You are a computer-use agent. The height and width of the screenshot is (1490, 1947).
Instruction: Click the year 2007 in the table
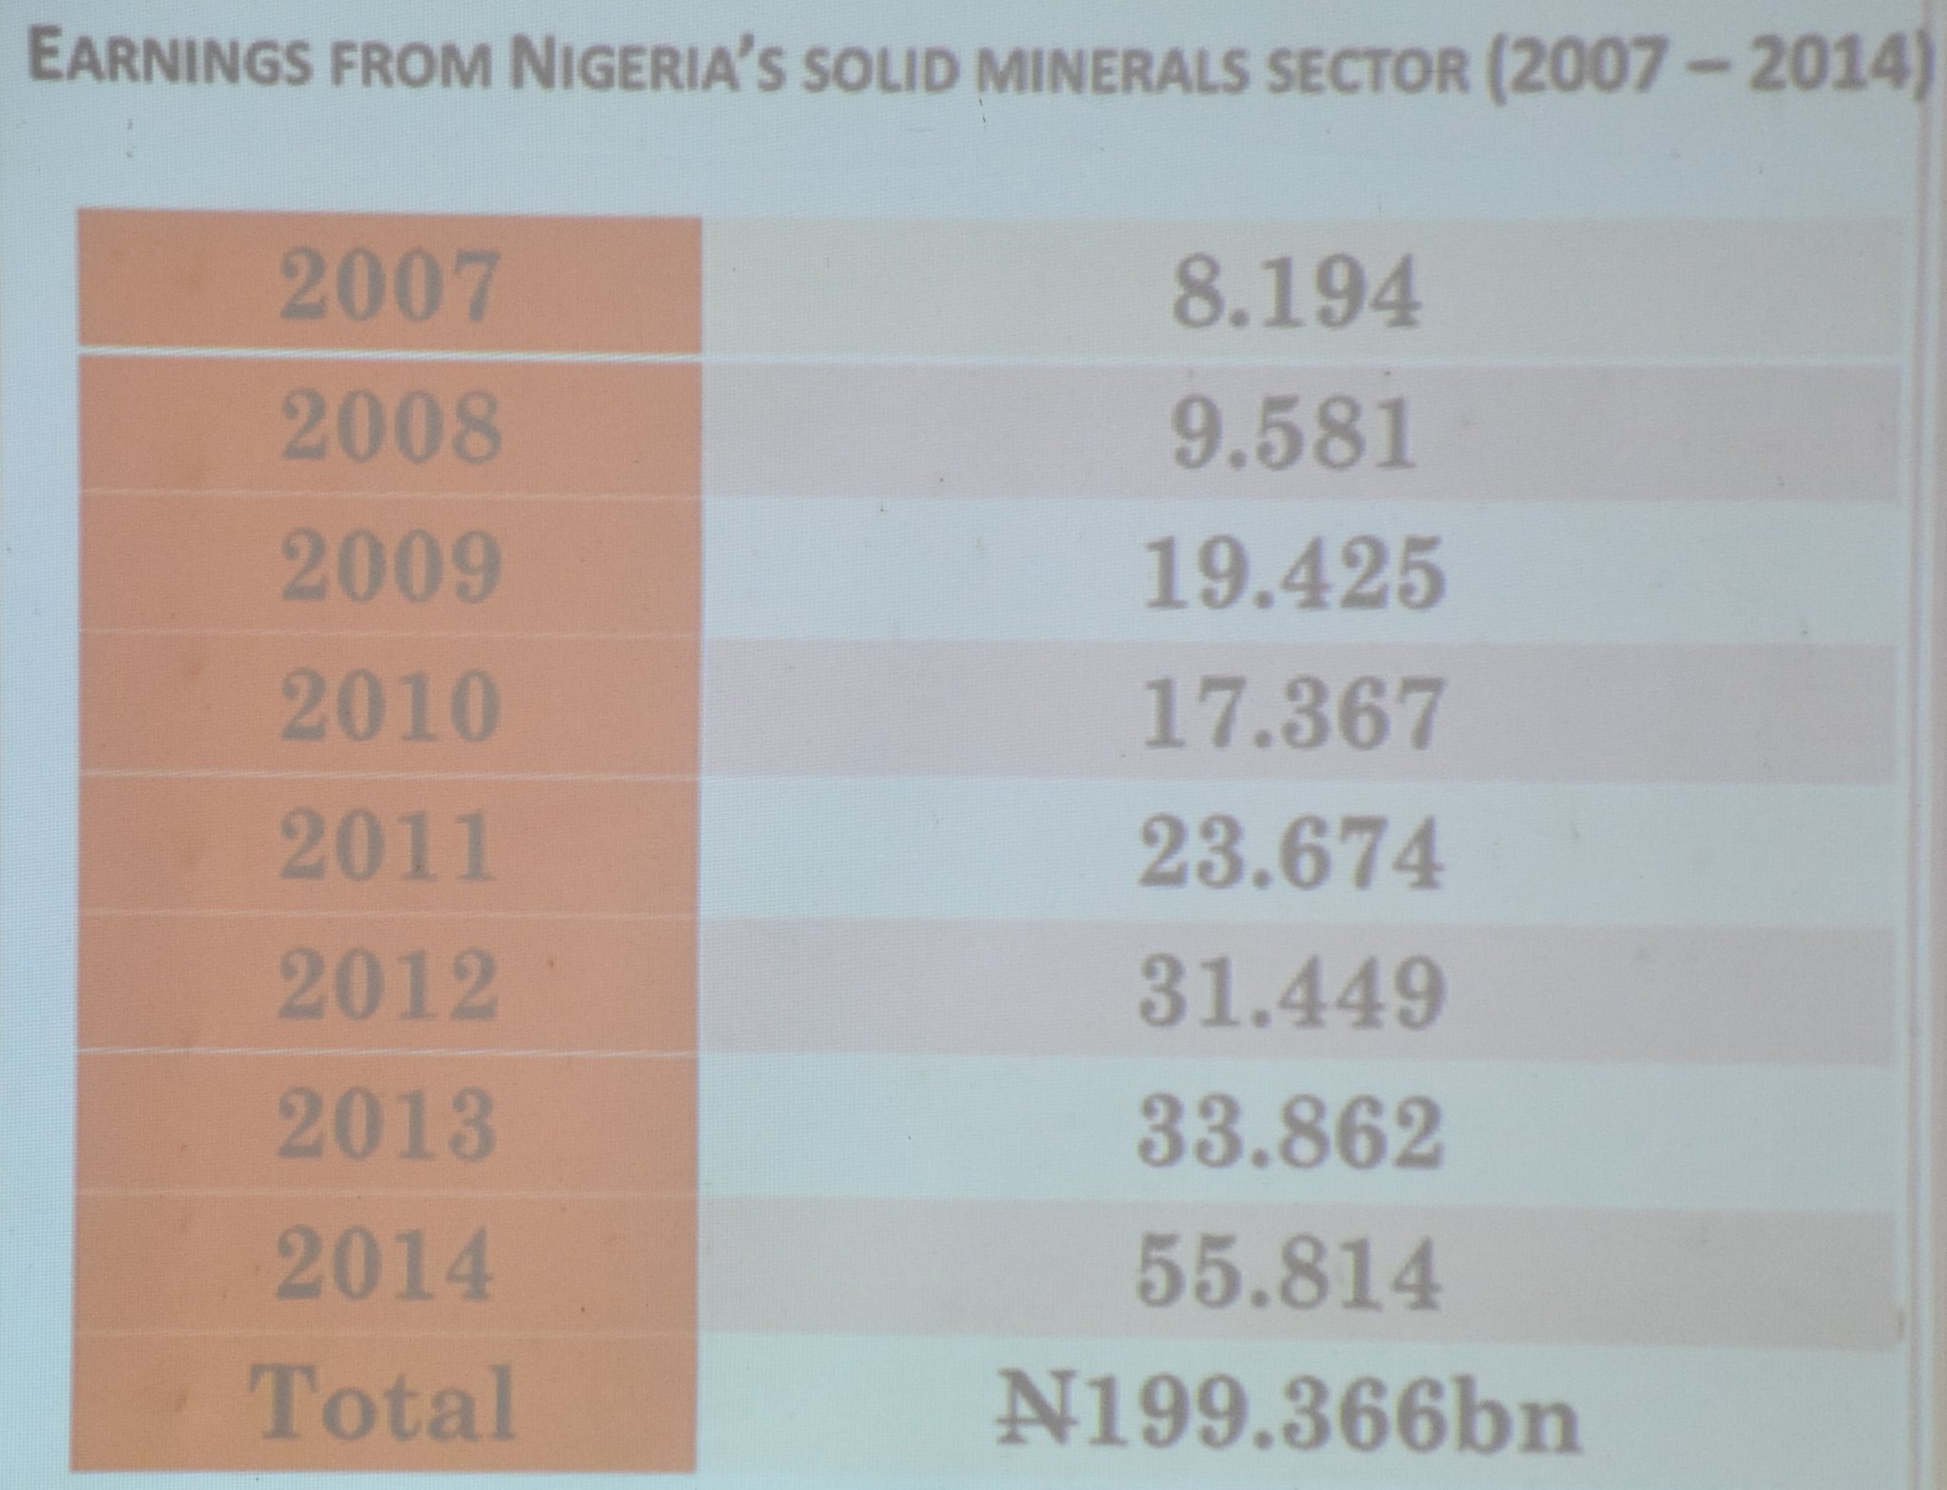point(389,286)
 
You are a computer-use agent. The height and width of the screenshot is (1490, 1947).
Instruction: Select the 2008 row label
point(390,428)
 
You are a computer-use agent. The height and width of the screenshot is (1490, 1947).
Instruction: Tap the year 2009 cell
point(390,568)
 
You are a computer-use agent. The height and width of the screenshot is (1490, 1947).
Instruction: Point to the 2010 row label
point(390,707)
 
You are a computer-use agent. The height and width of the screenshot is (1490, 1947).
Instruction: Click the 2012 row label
point(388,986)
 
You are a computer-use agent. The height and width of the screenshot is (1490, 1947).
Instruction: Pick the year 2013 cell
point(387,1126)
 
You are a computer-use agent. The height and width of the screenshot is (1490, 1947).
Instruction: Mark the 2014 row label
point(386,1266)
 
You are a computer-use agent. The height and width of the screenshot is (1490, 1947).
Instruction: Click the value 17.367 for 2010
point(1293,713)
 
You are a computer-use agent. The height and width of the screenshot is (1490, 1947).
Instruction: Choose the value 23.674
point(1291,853)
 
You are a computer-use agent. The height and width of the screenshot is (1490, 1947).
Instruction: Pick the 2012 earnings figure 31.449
point(1291,992)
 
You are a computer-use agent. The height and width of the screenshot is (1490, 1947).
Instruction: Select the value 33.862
point(1290,1132)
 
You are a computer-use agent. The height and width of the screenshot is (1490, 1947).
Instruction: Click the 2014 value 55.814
point(1289,1271)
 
